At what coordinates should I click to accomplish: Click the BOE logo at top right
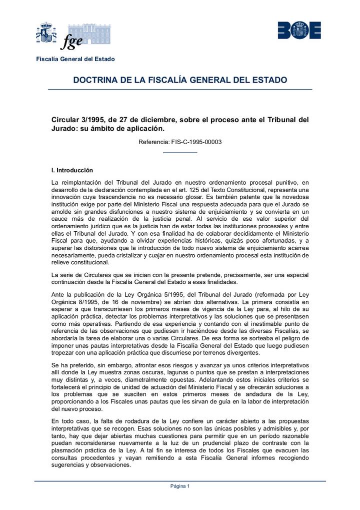(x=299, y=31)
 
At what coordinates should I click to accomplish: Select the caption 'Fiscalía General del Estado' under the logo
(x=75, y=59)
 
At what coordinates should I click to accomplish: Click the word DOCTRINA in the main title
(x=96, y=80)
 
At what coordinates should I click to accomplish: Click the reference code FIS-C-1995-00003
(x=196, y=142)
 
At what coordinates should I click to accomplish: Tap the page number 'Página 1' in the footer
(x=180, y=486)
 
